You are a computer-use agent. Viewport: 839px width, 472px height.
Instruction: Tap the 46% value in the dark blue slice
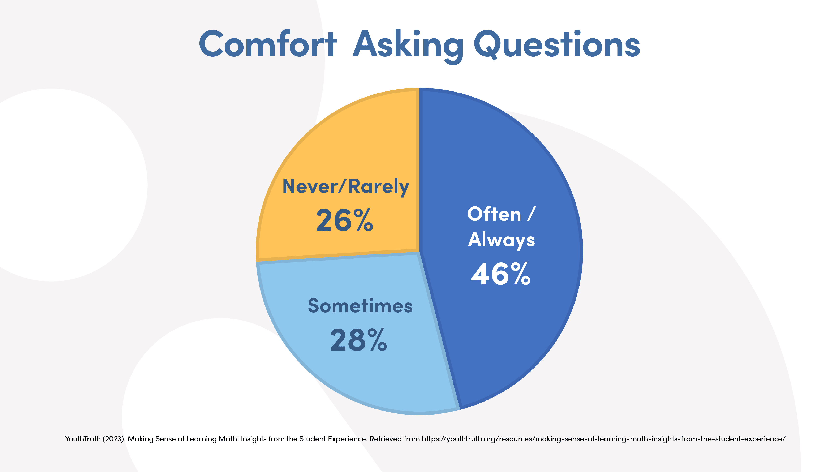pos(501,274)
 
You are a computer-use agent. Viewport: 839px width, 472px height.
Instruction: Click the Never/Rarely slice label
pos(346,186)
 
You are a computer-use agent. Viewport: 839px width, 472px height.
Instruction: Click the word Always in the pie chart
pos(501,240)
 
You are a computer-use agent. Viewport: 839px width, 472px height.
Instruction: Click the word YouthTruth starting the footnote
pos(83,439)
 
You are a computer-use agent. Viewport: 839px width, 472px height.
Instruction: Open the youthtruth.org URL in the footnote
pos(603,439)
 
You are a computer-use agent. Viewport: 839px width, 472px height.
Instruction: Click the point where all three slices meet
pos(419,252)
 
